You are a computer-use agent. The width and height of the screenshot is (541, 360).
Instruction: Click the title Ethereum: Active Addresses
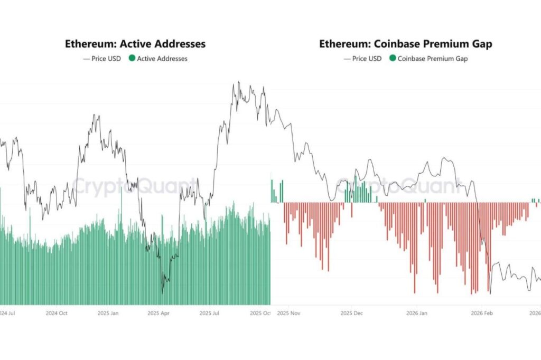(x=135, y=44)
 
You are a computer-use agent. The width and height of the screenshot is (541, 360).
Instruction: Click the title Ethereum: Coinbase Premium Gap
(x=405, y=44)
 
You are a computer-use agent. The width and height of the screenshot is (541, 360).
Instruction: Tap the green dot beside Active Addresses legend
(x=132, y=59)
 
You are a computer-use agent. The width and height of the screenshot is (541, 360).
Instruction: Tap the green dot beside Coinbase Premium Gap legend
(x=393, y=59)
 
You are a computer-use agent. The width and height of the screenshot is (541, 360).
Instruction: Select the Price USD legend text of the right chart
(x=367, y=59)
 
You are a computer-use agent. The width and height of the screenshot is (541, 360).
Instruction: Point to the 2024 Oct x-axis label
(x=56, y=313)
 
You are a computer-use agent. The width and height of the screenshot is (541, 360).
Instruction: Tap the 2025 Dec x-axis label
(x=351, y=313)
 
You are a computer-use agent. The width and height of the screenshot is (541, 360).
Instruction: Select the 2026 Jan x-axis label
(x=416, y=313)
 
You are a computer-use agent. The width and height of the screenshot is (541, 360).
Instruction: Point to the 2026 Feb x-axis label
(x=481, y=313)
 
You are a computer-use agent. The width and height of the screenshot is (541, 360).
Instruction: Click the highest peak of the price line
(x=239, y=82)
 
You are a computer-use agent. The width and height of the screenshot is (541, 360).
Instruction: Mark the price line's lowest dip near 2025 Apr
(x=163, y=292)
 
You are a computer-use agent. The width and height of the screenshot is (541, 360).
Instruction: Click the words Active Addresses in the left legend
(x=162, y=59)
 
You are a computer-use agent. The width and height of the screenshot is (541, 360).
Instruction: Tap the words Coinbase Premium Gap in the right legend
(x=432, y=59)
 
